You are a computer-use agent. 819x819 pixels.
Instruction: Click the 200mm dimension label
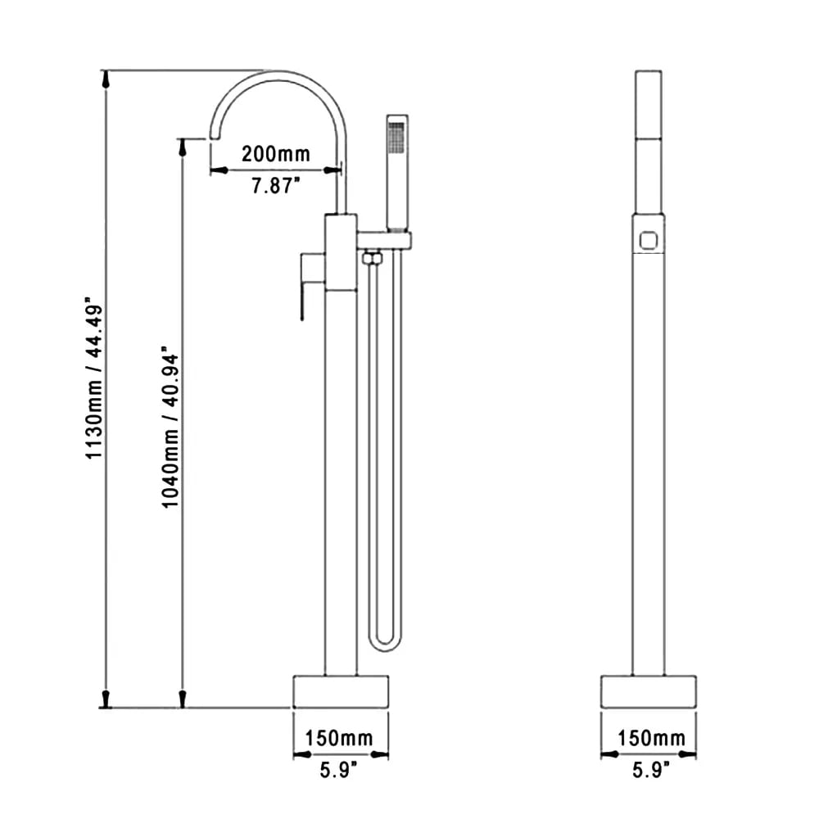click(276, 153)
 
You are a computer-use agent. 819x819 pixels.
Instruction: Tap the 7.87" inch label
click(276, 185)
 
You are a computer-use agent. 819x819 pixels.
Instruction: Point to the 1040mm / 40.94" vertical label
click(170, 428)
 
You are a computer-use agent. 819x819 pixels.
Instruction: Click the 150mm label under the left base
click(339, 738)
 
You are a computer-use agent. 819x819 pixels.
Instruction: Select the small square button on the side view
click(649, 240)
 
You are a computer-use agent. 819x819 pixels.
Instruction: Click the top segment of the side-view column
click(649, 105)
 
